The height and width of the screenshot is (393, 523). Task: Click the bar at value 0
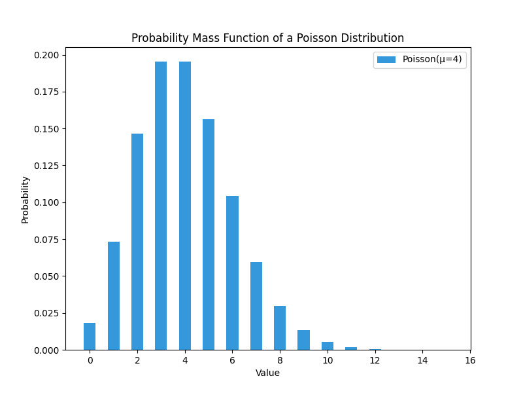pyautogui.click(x=90, y=337)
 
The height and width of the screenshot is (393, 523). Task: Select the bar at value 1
pyautogui.click(x=114, y=296)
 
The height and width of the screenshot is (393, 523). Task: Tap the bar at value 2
pyautogui.click(x=137, y=242)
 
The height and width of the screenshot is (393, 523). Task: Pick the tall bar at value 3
pyautogui.click(x=161, y=206)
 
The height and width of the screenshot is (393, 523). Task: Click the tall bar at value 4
pyautogui.click(x=185, y=206)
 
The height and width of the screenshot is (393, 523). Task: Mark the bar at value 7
pyautogui.click(x=256, y=306)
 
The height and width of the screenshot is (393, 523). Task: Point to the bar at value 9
pyautogui.click(x=303, y=340)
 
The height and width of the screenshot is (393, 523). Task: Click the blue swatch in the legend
pyautogui.click(x=386, y=60)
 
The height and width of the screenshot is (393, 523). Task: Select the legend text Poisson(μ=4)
pyautogui.click(x=431, y=60)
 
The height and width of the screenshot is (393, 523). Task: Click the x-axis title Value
pyautogui.click(x=267, y=373)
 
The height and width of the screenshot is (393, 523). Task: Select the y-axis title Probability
pyautogui.click(x=25, y=199)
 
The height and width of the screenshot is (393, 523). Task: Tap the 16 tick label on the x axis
pyautogui.click(x=469, y=360)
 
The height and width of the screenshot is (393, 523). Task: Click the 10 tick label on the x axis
pyautogui.click(x=327, y=360)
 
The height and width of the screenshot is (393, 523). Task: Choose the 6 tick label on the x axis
pyautogui.click(x=232, y=360)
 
